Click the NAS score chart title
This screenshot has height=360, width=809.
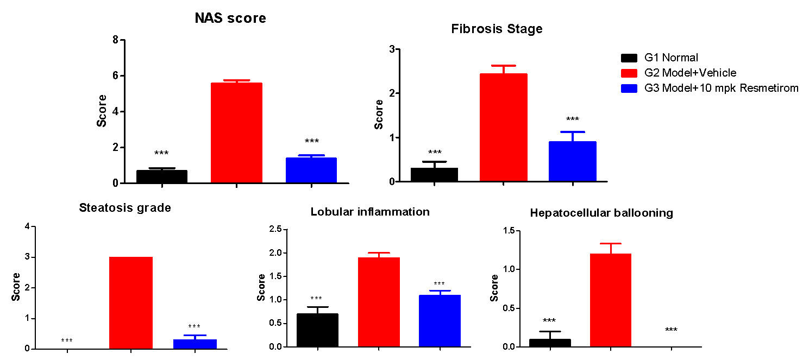230,18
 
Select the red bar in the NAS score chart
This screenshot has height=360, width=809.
236,133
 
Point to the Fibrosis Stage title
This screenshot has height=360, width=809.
497,29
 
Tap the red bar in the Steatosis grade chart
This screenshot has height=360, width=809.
131,302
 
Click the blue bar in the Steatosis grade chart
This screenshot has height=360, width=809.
195,344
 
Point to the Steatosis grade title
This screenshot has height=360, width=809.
125,208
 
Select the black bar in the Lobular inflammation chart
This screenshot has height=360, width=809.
317,330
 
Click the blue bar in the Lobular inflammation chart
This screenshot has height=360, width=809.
440,320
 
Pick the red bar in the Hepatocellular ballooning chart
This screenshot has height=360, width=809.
611,300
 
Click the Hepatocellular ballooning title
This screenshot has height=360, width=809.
601,213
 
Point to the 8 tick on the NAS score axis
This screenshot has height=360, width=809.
115,40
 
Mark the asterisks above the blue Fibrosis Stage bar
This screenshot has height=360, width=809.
573,119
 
